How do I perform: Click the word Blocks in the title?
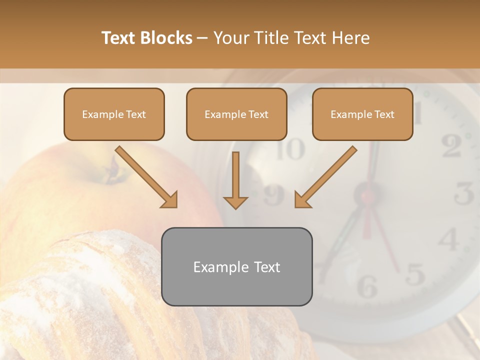tap(167, 38)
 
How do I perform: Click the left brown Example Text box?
tap(114, 114)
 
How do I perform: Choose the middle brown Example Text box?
tap(236, 114)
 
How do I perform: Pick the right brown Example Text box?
tap(362, 114)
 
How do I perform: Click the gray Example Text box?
tap(236, 266)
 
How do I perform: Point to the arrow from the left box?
tap(146, 177)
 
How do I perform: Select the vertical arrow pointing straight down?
tap(235, 182)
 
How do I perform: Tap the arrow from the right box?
tap(325, 177)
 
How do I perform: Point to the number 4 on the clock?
tap(448, 239)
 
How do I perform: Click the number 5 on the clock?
tap(414, 274)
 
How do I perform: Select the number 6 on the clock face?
tap(367, 286)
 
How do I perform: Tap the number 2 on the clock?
tap(451, 146)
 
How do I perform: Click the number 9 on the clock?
tap(274, 195)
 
